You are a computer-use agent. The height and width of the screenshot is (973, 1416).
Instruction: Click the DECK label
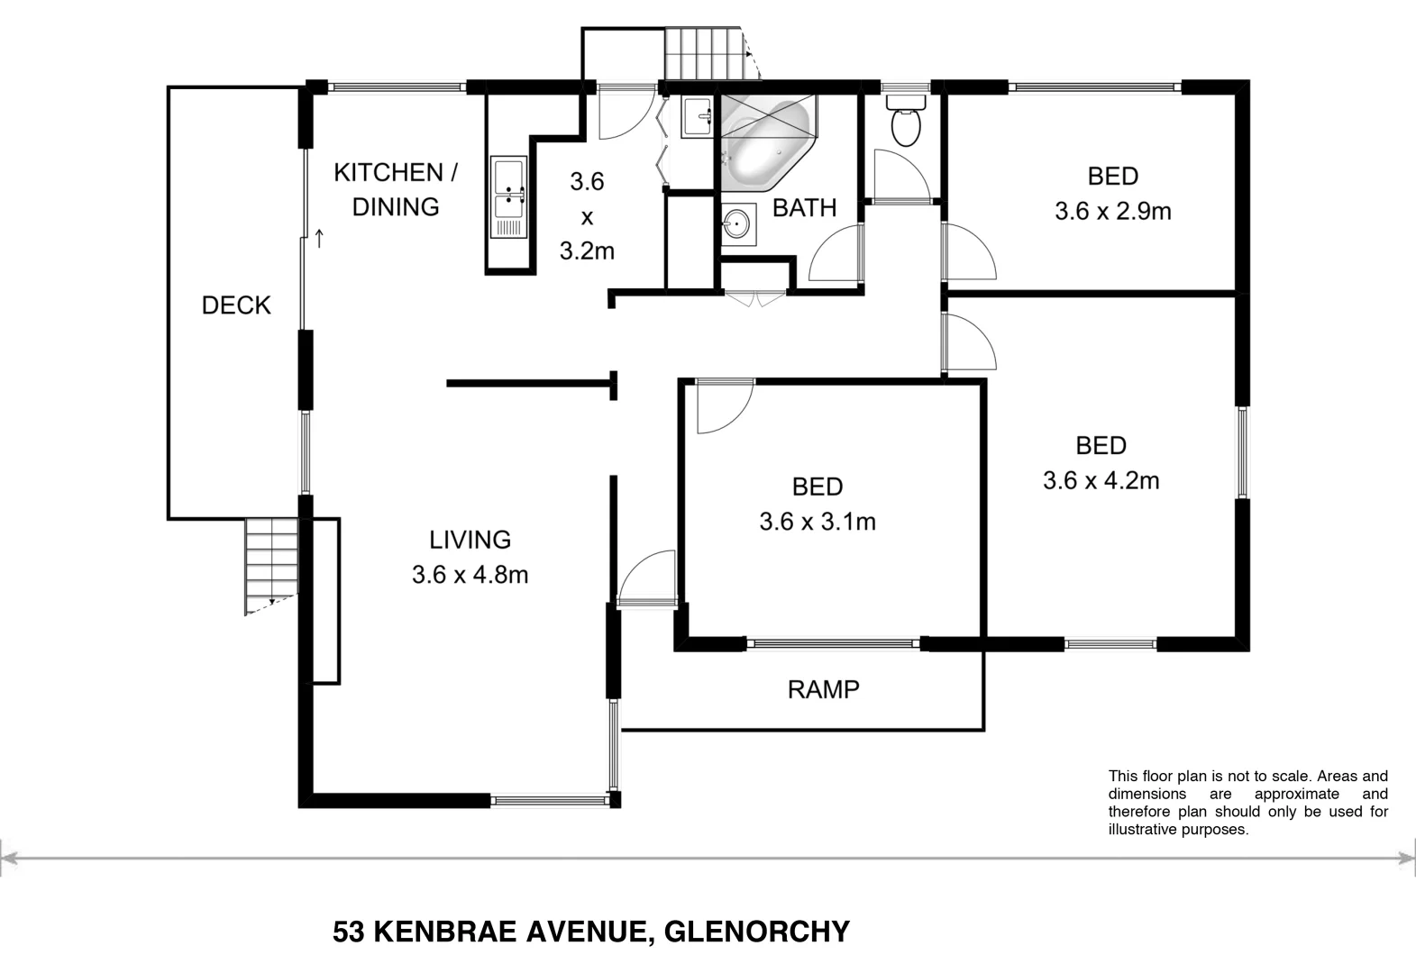tap(236, 305)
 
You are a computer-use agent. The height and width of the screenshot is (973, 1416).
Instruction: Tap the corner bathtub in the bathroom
tap(766, 144)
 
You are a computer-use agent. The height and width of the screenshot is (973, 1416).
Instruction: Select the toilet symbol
tap(905, 124)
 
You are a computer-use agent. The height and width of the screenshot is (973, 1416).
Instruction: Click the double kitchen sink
tap(508, 197)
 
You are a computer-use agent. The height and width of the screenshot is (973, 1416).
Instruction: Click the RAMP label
tap(823, 690)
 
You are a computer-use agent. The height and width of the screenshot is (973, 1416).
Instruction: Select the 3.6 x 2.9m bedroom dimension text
tap(1112, 212)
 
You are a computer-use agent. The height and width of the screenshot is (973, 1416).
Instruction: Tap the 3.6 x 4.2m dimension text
tap(1101, 481)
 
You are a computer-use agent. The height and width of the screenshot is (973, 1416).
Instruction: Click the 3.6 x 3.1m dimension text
tap(817, 522)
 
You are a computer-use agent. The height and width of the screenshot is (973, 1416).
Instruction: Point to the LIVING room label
tap(470, 540)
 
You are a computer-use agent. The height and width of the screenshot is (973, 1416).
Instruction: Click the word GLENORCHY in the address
tap(756, 932)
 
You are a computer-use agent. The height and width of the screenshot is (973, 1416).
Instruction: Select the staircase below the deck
tap(271, 566)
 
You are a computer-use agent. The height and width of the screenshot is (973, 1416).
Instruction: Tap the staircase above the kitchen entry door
tap(708, 54)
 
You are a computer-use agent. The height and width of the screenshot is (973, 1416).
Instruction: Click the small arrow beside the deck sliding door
tap(319, 239)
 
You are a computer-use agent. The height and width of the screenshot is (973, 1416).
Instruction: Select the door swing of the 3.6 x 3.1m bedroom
tap(723, 406)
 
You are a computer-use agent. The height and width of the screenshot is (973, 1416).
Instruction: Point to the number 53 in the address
tap(348, 932)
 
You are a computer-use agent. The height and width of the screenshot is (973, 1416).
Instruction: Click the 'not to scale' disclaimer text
tap(1247, 803)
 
